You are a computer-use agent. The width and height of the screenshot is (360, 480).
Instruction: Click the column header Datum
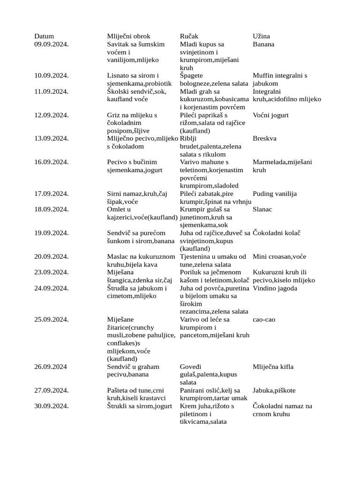44,36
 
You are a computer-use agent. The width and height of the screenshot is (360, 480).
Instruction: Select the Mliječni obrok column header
129,36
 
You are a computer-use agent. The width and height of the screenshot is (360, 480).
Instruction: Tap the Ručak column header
190,36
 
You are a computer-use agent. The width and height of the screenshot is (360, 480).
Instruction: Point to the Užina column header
261,36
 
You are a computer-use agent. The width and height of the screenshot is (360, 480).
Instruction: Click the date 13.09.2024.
52,138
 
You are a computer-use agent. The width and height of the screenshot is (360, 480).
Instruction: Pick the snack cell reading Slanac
262,209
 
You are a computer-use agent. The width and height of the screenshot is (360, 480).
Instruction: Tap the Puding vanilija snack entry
275,194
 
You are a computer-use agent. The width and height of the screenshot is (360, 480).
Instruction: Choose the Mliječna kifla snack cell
273,367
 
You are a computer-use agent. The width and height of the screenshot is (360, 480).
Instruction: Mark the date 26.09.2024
51,367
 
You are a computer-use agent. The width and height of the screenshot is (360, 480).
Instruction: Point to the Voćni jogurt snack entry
270,115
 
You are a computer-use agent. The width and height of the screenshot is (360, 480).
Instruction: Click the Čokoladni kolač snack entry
276,232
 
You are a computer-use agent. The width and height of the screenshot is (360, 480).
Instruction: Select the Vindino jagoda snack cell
275,288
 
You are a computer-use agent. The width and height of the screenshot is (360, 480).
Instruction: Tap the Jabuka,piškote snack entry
274,390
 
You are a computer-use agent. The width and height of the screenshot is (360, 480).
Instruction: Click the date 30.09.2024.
52,406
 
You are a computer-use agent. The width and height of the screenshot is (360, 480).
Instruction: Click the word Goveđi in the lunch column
191,367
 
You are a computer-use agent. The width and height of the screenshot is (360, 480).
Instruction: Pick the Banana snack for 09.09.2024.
263,44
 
